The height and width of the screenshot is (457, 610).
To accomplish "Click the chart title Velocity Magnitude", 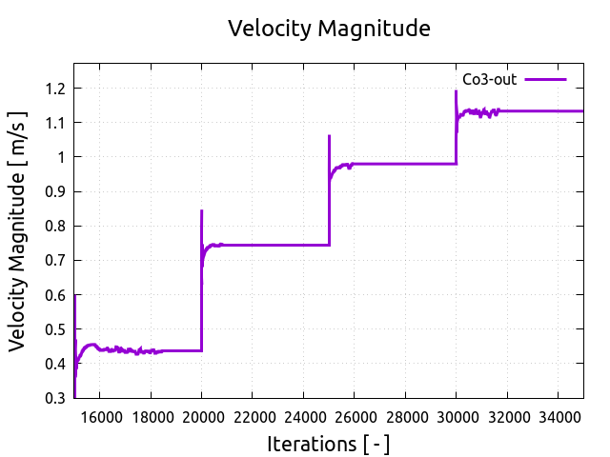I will [329, 29].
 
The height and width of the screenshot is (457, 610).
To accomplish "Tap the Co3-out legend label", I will [489, 80].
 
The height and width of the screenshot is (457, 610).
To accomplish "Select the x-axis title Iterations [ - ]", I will [328, 444].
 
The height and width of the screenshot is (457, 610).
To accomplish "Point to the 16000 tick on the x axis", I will [100, 416].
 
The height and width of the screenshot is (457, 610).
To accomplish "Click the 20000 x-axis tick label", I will [201, 416].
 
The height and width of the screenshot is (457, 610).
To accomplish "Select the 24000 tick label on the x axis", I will [303, 416].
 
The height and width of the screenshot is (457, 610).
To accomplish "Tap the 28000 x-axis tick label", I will [405, 416].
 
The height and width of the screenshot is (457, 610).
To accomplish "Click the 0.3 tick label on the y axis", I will [55, 398].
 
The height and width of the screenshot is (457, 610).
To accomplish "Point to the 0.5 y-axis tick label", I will [55, 329].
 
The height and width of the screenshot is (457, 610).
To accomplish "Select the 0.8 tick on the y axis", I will [55, 226].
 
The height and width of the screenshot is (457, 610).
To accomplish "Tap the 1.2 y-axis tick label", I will [55, 89].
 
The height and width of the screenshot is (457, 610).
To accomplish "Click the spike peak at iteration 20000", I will [201, 210].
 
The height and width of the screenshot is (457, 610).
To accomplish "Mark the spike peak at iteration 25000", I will [329, 136].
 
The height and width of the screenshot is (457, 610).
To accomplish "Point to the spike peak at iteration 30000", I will [456, 91].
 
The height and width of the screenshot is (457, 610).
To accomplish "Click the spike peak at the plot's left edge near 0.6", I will [75, 296].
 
